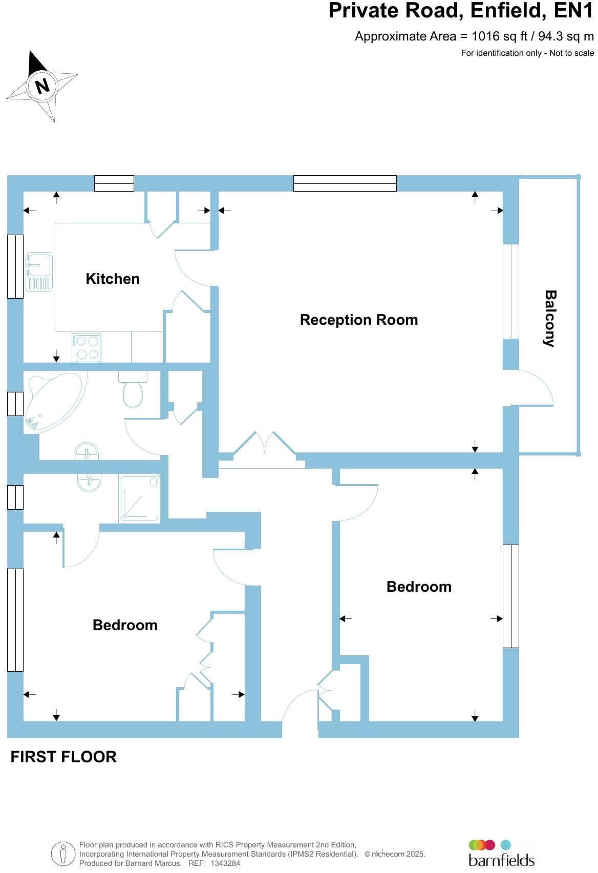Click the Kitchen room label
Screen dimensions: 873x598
tap(113, 279)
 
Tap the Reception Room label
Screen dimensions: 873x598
tap(358, 320)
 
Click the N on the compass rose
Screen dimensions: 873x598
tap(42, 86)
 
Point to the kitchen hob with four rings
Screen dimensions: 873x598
tap(86, 347)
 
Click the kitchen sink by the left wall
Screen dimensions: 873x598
tap(39, 271)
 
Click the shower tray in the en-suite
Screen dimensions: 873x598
tap(139, 498)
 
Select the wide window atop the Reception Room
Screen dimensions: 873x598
tap(345, 183)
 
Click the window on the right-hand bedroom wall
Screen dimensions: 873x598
tap(510, 596)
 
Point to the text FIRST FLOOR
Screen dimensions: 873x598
tap(63, 757)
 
